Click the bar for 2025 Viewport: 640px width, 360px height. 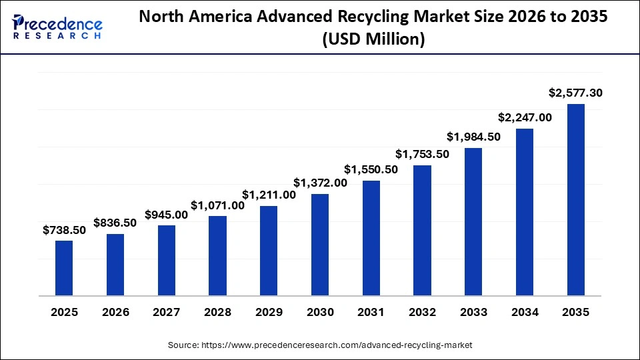pos(64,268)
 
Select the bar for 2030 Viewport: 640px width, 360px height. pos(320,245)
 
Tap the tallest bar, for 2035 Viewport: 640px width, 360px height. pos(575,199)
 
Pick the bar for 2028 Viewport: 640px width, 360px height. pos(217,255)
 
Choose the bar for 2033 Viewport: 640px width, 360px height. pos(473,221)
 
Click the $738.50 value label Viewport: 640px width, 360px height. pos(64,230)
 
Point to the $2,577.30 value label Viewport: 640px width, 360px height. pos(575,93)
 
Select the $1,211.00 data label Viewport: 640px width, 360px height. pos(269,195)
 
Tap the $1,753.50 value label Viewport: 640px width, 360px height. pos(422,154)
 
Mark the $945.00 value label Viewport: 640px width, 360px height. pos(166,215)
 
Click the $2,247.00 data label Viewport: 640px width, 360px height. pos(525,117)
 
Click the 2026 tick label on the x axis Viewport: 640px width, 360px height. pos(115,312)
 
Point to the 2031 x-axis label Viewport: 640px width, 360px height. pos(371,312)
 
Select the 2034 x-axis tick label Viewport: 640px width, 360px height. pos(525,312)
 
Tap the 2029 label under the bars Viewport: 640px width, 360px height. pos(269,312)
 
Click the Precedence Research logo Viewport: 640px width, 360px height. pos(57,27)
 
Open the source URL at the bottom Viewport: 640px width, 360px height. pos(320,345)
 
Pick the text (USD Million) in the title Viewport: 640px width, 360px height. pos(373,40)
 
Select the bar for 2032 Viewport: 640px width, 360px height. pos(422,230)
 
